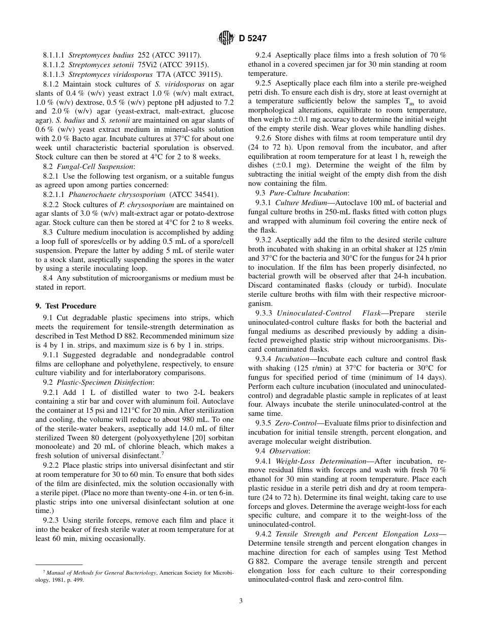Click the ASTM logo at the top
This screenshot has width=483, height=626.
click(x=225, y=38)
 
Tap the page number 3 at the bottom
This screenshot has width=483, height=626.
click(x=241, y=601)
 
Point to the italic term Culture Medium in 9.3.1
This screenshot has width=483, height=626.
click(x=298, y=203)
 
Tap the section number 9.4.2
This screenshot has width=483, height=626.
click(x=264, y=534)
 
